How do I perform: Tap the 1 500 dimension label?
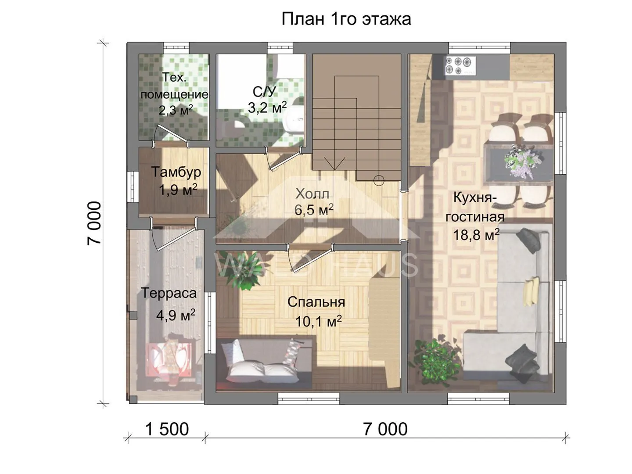pos(167,429)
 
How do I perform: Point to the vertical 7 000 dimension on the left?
pos(94,223)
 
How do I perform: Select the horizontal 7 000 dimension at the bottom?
pos(385,429)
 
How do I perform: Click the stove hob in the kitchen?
pos(460,66)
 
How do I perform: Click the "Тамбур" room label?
pos(176,172)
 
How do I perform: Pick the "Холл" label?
pos(312,195)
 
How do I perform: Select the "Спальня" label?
pos(316,302)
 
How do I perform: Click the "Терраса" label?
pos(169,293)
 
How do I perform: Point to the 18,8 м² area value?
pos(476,235)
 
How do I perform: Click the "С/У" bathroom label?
pos(264,92)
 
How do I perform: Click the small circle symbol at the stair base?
pos(379,180)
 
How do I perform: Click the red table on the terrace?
pos(169,359)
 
